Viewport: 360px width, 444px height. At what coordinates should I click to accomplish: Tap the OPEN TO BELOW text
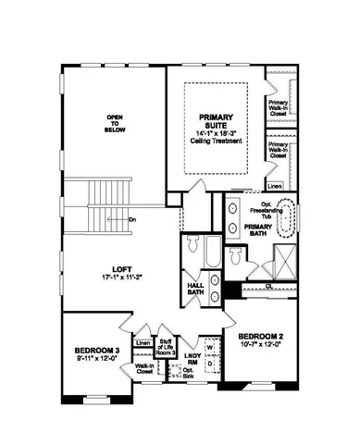[x=115, y=123]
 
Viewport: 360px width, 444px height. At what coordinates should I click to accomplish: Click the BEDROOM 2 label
[x=257, y=335]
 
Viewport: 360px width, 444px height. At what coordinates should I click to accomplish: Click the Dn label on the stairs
[x=132, y=219]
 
